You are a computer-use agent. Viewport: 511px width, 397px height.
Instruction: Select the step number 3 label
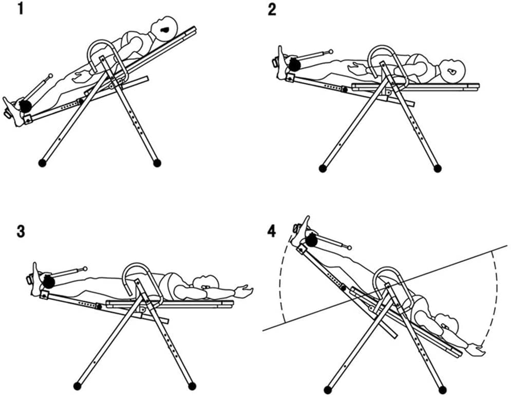point(20,231)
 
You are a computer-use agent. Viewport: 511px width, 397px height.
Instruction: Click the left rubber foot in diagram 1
point(42,163)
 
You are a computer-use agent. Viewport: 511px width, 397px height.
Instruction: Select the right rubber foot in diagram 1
point(157,163)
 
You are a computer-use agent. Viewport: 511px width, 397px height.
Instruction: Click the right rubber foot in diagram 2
point(438,168)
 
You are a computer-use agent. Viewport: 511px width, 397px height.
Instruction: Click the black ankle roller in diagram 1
point(24,105)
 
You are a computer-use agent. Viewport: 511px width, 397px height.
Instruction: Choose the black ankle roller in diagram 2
point(294,64)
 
